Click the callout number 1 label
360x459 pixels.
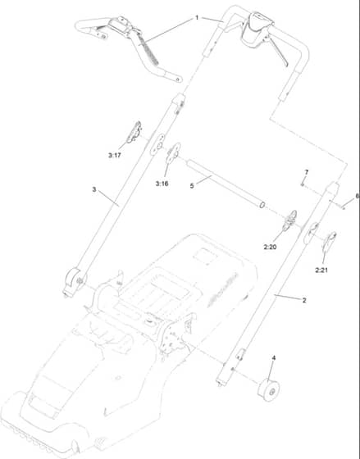coord(197,18)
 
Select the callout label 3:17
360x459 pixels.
coord(115,155)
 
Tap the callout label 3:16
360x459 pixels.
coord(162,184)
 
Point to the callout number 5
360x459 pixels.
coord(192,186)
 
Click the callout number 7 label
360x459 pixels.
coord(307,172)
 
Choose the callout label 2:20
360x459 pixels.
coord(270,247)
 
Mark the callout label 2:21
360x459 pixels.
coord(321,270)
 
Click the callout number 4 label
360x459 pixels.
coord(274,357)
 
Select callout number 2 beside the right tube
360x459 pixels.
coord(304,300)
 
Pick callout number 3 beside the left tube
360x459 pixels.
coord(94,189)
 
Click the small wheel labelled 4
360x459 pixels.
coord(268,390)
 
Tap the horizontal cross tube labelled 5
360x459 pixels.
coord(226,184)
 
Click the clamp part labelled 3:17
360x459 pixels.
coord(134,133)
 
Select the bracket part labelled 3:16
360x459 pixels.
coord(173,152)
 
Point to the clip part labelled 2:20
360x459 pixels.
coord(289,220)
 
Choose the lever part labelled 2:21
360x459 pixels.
coord(329,242)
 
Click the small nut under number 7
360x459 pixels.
coord(302,184)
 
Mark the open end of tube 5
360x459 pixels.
coord(262,204)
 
